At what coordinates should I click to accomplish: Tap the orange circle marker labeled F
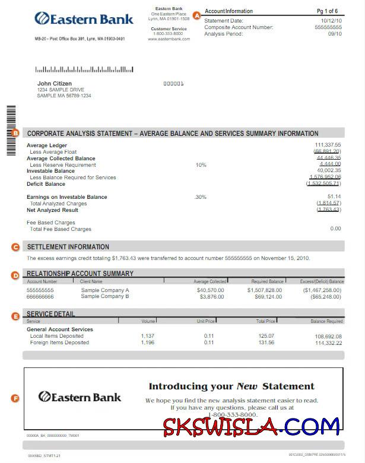[x=15, y=398]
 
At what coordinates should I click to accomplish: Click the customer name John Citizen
[x=54, y=84]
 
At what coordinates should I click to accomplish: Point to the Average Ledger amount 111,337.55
[x=328, y=145]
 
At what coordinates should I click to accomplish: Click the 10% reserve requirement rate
[x=201, y=164]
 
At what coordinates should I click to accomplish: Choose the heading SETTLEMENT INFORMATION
[x=68, y=246]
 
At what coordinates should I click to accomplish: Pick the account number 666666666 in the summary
[x=40, y=296]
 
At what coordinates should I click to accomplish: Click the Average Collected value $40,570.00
[x=210, y=290]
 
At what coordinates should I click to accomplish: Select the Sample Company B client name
[x=105, y=296]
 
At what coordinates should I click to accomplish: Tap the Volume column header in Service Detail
[x=148, y=321]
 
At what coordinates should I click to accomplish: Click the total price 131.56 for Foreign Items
[x=266, y=343]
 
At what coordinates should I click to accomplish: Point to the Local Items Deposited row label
[x=56, y=336]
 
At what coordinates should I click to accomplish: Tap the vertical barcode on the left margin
[x=10, y=131]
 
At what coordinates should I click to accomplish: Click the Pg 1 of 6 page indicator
[x=327, y=11]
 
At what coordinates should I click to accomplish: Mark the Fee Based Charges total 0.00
[x=335, y=229]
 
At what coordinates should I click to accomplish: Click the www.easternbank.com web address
[x=169, y=39]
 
